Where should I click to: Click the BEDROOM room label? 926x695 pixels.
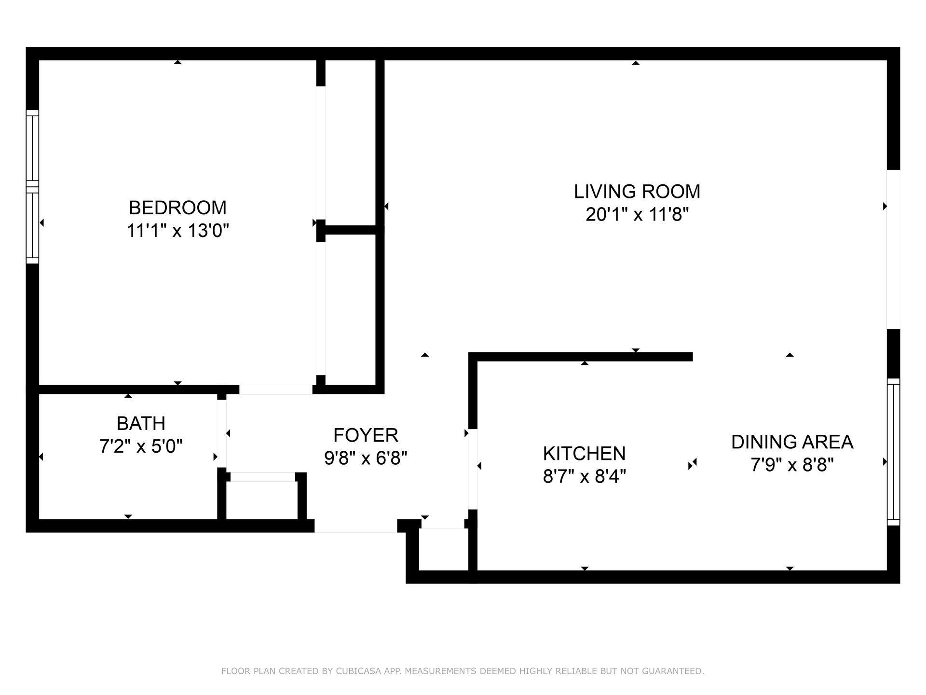pos(177,208)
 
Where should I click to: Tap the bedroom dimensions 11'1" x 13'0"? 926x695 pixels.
pos(177,231)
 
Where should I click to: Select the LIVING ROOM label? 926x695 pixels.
pos(637,192)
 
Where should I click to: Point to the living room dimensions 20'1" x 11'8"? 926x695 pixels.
pos(637,214)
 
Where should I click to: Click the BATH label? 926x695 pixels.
pos(141,423)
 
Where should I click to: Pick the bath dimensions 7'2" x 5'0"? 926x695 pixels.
pos(141,446)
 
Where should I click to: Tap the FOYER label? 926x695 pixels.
pos(366,435)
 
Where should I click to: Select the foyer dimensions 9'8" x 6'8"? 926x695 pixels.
pos(366,458)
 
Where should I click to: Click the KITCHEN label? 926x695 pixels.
pos(584,454)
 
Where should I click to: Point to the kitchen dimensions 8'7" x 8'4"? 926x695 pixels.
pos(584,477)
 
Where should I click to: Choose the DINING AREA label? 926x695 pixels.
pos(792,442)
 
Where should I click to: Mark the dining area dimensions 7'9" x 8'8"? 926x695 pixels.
pos(792,465)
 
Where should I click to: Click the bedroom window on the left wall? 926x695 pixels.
pos(32,187)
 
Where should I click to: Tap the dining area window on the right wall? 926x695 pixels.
pos(893,452)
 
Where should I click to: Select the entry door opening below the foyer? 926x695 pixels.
pos(356,526)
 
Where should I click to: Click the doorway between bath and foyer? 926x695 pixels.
pos(222,434)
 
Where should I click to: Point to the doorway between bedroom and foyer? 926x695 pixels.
pos(276,389)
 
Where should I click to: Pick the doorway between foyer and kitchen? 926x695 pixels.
pos(473,469)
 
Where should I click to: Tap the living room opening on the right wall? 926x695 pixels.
pos(893,250)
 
